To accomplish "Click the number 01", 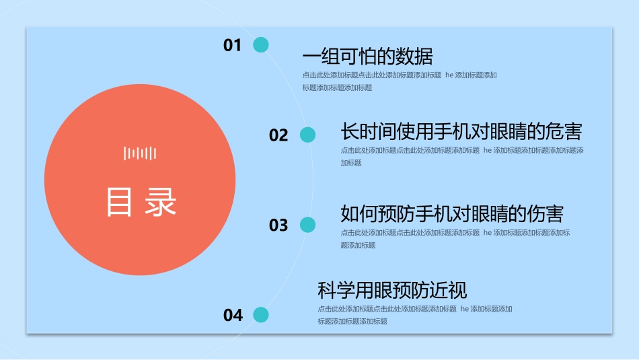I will click(232, 46).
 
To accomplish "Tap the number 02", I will click(278, 135).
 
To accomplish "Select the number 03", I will click(278, 225).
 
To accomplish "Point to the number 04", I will click(233, 315).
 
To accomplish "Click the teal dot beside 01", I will click(261, 45).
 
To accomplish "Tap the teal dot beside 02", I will click(307, 135).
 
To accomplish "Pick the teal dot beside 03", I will click(307, 225).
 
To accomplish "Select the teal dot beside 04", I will click(261, 314).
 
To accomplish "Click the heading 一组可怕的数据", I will click(367, 55).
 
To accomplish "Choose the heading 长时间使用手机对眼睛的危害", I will click(461, 131).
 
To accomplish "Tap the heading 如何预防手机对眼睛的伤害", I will click(452, 214).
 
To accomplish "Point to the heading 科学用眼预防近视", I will click(392, 291).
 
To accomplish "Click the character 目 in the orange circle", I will click(120, 201).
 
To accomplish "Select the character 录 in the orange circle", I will click(161, 201).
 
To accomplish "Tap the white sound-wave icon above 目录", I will click(140, 153).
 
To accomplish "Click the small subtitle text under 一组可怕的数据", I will click(400, 81).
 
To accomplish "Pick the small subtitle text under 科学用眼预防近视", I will click(415, 315).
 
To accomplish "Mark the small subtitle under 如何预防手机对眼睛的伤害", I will click(455, 238).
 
